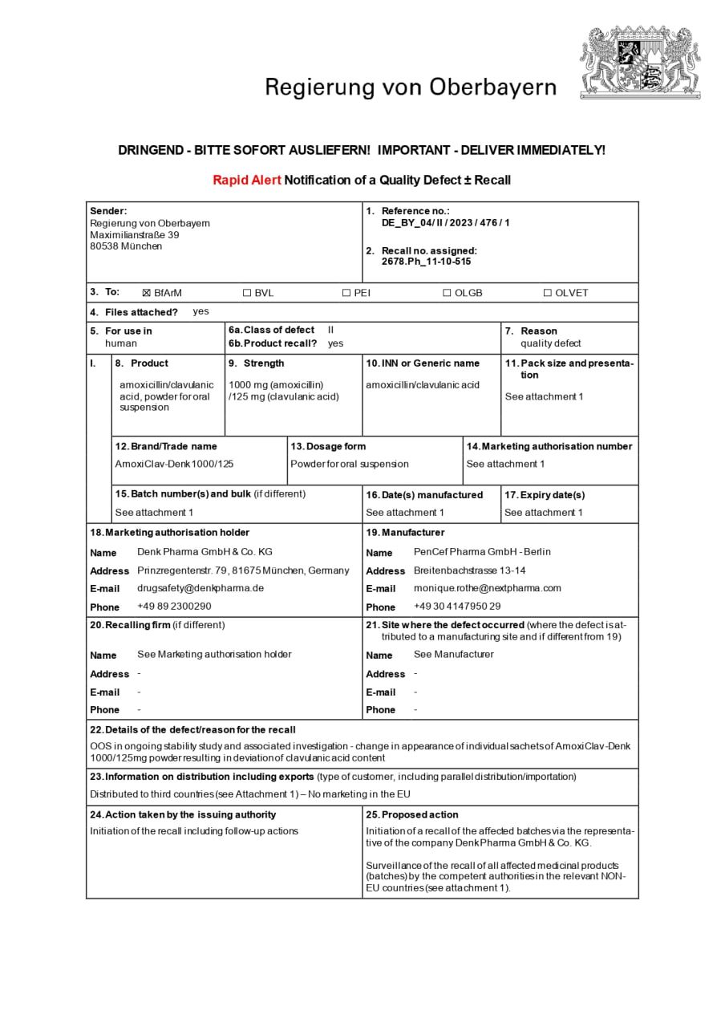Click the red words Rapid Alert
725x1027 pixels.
pos(247,181)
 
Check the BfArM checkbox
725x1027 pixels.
pos(147,293)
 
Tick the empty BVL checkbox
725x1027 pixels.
pos(247,293)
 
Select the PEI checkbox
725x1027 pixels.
pos(346,293)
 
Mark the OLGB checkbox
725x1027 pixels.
pos(447,293)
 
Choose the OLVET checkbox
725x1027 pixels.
pos(548,293)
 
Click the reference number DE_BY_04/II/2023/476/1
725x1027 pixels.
pos(445,223)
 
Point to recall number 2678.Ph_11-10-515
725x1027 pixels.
pos(426,262)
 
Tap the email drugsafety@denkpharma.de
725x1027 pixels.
pos(200,588)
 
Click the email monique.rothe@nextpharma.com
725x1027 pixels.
pos(488,588)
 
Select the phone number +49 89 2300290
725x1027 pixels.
pos(174,607)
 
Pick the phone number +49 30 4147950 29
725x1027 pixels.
pos(457,607)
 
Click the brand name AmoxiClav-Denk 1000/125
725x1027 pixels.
pos(175,464)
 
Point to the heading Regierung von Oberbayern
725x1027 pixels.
pos(411,87)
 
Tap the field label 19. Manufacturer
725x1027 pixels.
pos(405,533)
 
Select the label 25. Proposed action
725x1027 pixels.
pos(412,814)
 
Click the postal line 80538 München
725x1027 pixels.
pos(126,246)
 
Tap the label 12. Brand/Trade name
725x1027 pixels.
pos(166,446)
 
